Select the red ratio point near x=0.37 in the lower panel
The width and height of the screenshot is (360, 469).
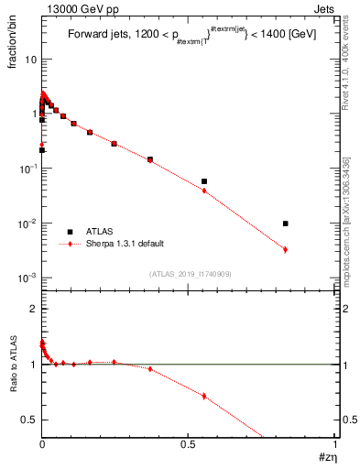point(150,369)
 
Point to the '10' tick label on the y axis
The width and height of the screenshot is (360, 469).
point(30,60)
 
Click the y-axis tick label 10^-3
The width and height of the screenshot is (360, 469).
point(27,278)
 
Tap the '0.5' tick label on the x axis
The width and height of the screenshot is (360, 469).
point(188,445)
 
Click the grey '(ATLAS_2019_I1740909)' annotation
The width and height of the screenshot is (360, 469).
point(189,274)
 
